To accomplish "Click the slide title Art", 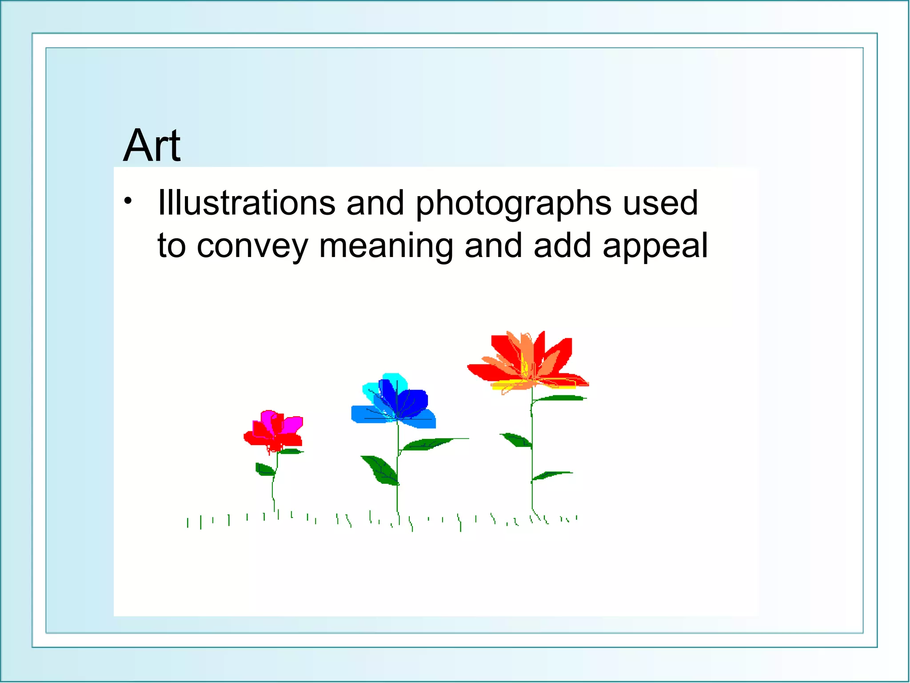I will coord(152,146).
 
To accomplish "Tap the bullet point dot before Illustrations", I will coord(128,201).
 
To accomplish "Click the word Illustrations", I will coord(246,203).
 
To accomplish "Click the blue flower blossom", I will coord(395,402).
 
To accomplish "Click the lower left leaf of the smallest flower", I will coord(264,469).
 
